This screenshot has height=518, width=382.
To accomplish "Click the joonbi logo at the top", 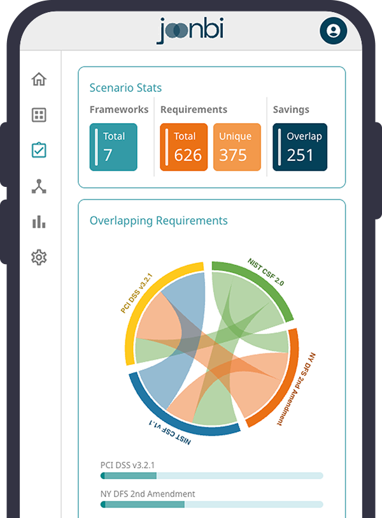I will (190, 31).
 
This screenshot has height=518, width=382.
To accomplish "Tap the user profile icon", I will (333, 31).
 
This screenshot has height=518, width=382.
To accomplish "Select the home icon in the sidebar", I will (39, 80).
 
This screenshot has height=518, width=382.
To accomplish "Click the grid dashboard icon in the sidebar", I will (39, 115).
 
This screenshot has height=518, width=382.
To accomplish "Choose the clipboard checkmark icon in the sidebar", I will (39, 151).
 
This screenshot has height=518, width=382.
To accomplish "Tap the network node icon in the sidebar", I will (39, 186).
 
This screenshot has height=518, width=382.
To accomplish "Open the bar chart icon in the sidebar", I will (39, 222).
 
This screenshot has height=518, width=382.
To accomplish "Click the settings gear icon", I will (39, 258).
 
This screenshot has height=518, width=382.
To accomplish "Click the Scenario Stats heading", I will (125, 88).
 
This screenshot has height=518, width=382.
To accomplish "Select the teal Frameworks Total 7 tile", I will (113, 147).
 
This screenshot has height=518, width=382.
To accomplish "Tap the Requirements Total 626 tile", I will (184, 147).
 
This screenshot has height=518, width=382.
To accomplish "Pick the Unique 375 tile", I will (237, 147).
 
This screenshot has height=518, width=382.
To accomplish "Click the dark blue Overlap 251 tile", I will (300, 147).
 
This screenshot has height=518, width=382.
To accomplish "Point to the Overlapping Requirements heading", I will (159, 221).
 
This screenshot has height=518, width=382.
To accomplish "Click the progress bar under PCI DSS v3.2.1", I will (211, 476).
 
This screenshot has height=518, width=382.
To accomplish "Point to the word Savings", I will (291, 110).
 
